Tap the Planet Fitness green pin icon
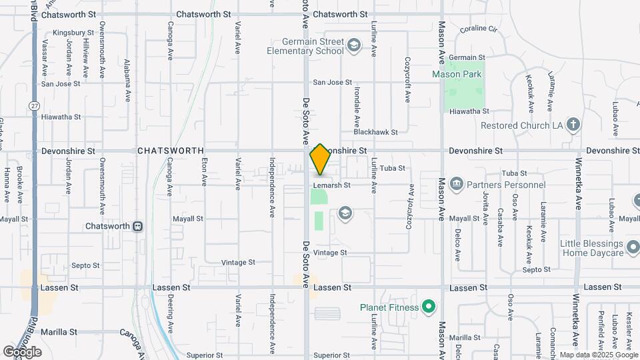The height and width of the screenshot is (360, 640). coord(429,307)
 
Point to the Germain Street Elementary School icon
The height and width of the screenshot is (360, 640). coord(353,45)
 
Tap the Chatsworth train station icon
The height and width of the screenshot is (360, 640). coord(138,226)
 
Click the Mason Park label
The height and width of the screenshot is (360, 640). coord(456,74)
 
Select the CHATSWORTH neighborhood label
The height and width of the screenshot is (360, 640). coord(170,151)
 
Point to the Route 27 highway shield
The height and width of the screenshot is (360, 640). coord(33,106)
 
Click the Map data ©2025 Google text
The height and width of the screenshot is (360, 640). coord(598,355)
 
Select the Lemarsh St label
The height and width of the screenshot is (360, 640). coord(332,185)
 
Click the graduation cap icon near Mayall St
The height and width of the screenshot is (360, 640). coord(345,213)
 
